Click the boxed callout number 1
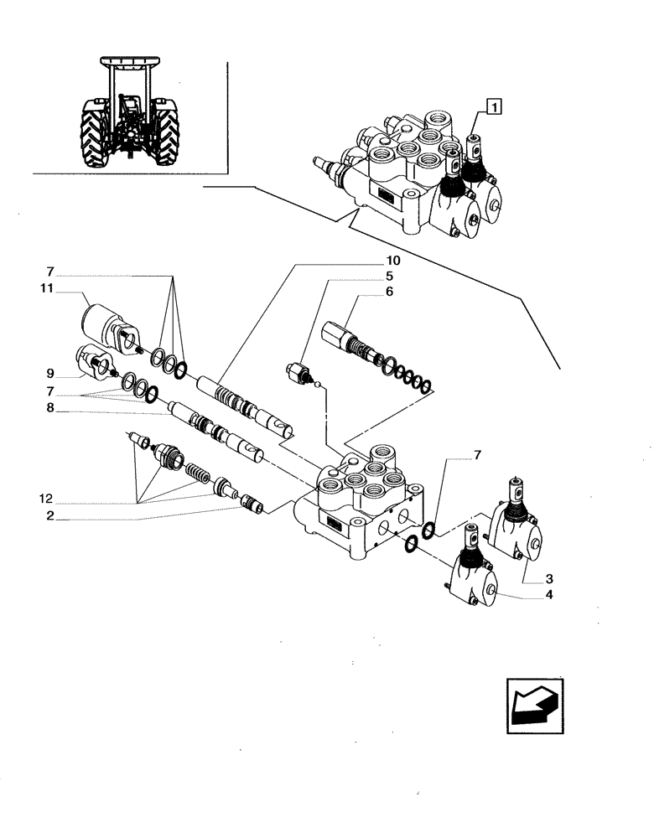[496, 106]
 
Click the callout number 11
[46, 288]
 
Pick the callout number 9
[50, 373]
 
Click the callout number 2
[50, 517]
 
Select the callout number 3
[548, 578]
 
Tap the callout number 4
[548, 595]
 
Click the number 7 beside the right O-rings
[478, 455]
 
